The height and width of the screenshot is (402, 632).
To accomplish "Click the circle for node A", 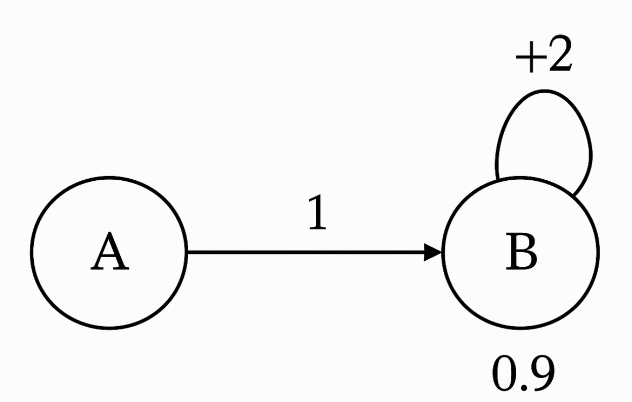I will [109, 252].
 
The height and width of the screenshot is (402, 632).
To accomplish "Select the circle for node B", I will [521, 252].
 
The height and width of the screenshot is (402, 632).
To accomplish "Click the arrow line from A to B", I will [303, 252].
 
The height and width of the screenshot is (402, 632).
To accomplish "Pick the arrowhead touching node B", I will [434, 252].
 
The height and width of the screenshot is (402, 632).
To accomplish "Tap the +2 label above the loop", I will [544, 57].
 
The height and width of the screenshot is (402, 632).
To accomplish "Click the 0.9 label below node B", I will [523, 375].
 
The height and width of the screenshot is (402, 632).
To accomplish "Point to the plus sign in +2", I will [526, 60].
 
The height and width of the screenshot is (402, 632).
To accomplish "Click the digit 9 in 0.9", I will [543, 375].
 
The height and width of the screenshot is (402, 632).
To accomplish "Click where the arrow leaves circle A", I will [187, 252].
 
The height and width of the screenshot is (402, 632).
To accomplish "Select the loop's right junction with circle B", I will [573, 195].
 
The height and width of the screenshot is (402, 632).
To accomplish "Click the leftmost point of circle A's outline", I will [32, 252].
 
